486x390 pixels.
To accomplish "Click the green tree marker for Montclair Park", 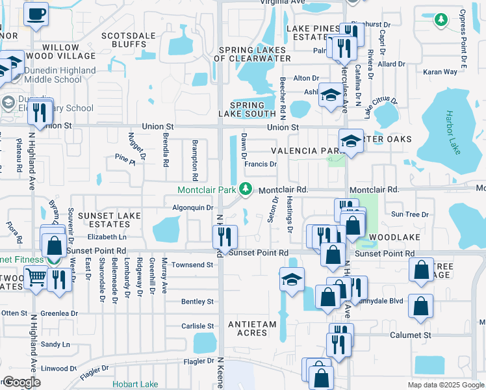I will point(246,189).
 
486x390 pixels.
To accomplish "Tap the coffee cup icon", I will point(36,13).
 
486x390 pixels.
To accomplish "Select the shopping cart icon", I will point(36,278).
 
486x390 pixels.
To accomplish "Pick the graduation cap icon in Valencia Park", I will point(351,142).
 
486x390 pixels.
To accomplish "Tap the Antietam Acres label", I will point(252,328).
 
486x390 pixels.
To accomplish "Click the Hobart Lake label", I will point(134,384).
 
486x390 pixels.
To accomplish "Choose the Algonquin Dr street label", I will point(192,208).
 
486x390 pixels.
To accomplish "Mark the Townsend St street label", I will point(192,265).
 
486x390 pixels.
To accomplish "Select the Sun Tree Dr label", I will point(409,214).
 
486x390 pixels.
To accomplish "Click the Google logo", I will point(21,382).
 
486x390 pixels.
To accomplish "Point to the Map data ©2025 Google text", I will point(445,385).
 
